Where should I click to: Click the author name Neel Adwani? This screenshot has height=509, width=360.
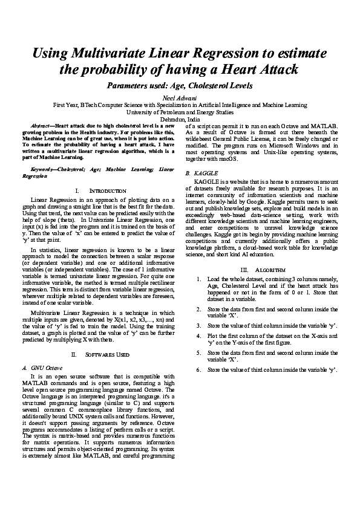[x=180, y=97]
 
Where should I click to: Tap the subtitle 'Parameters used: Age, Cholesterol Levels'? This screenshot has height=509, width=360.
[x=180, y=86]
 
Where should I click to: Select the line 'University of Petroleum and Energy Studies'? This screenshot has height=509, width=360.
[x=180, y=112]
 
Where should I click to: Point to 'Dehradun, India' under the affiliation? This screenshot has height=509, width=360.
[x=180, y=119]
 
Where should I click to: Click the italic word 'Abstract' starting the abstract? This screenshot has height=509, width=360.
[x=41, y=125]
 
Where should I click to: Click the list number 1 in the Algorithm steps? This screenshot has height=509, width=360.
[x=199, y=279]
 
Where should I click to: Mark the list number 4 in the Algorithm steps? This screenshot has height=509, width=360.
[x=199, y=335]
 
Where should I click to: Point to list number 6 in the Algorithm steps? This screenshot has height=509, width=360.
[x=199, y=369]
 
